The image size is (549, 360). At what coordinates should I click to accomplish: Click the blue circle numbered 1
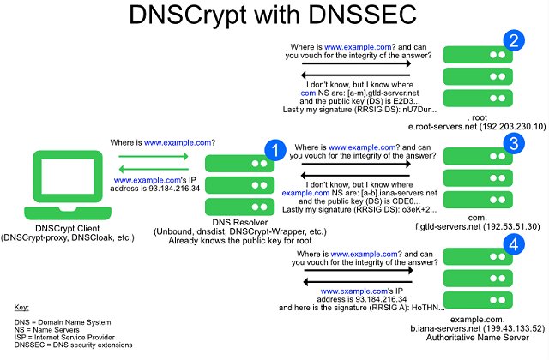click(274, 151)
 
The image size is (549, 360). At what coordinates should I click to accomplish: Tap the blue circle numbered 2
click(514, 40)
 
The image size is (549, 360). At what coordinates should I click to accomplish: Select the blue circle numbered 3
click(514, 142)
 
